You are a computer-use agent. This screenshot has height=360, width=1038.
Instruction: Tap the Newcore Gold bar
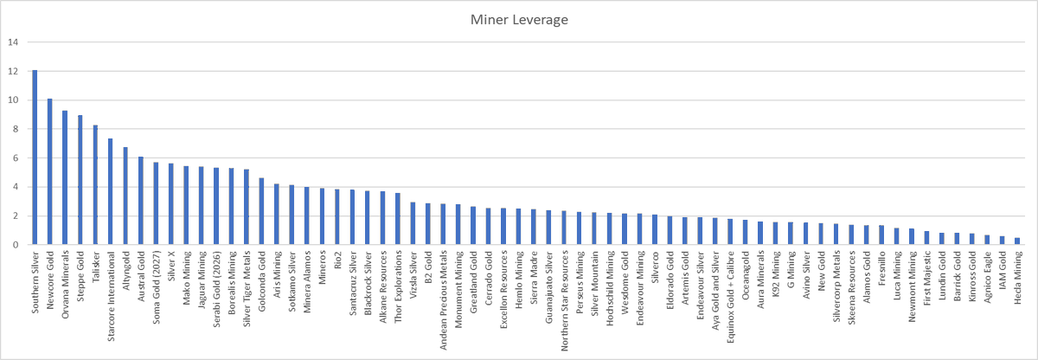49,171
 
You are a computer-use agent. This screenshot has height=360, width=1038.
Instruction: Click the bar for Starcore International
110,191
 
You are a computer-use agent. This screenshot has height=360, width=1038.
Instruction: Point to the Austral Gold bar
140,201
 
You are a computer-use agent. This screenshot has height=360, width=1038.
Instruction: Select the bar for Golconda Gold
261,211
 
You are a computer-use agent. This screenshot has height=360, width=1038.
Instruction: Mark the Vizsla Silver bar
413,223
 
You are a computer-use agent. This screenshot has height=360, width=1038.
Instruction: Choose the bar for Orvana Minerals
65,177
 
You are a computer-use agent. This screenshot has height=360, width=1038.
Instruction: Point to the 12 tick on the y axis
10,71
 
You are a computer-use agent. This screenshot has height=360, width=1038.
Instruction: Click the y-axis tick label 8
12,129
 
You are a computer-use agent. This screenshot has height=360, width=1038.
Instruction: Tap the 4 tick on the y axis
12,187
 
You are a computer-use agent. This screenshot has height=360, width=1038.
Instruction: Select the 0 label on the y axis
12,245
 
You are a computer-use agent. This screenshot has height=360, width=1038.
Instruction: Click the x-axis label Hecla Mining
1017,276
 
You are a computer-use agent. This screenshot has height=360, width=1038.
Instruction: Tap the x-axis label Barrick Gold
957,276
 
